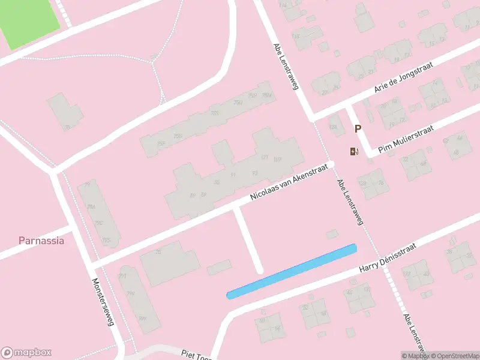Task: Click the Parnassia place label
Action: pyautogui.click(x=41, y=241)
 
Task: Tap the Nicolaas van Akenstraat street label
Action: pyautogui.click(x=290, y=181)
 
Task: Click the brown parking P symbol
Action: pyautogui.click(x=358, y=128)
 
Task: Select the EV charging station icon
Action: pyautogui.click(x=353, y=151)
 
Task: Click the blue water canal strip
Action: pyautogui.click(x=292, y=271)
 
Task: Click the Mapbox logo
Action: pyautogui.click(x=26, y=353)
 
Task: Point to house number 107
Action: pyautogui.click(x=277, y=160)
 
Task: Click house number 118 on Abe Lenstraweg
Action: pyautogui.click(x=295, y=37)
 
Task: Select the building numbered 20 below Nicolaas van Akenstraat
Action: pyautogui.click(x=158, y=253)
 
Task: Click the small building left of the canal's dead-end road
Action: pyautogui.click(x=219, y=267)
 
